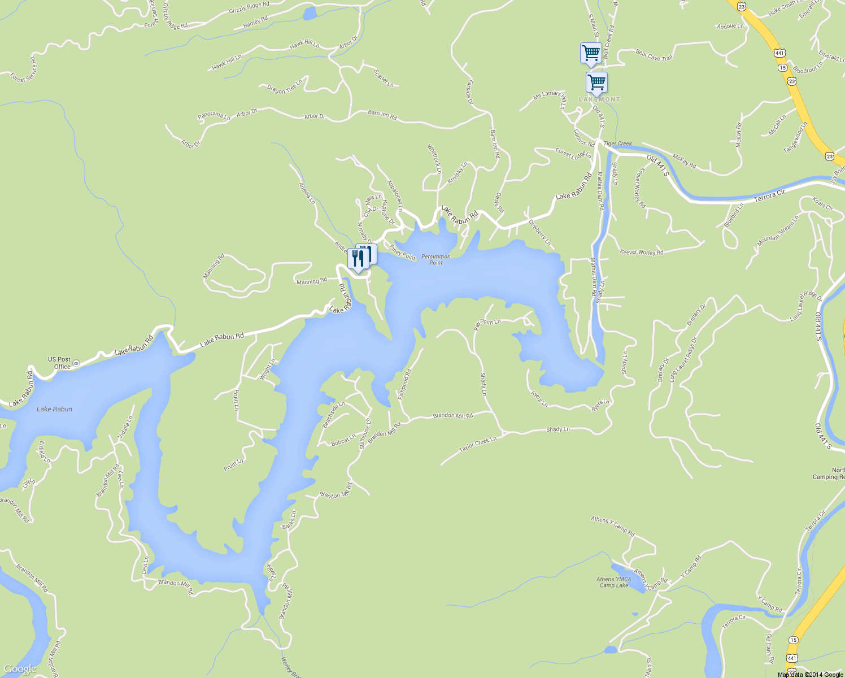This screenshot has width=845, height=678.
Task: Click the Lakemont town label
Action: click(599, 99)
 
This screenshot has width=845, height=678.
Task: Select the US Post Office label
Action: click(60, 363)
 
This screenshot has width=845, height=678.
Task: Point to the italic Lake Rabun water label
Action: click(54, 409)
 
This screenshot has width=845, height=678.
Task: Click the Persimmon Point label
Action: click(436, 259)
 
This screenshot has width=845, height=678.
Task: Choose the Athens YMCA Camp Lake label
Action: click(614, 582)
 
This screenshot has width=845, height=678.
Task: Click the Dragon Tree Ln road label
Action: click(284, 86)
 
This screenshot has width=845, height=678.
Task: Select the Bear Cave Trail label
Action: click(654, 56)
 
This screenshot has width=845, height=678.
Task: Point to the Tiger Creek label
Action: click(617, 144)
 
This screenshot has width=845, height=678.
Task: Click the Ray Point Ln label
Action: click(487, 323)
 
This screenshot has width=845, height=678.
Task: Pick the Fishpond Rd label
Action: click(405, 385)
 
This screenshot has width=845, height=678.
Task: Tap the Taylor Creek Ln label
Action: click(477, 444)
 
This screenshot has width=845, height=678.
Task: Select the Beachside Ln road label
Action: click(333, 415)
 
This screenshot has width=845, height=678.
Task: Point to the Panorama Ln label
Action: click(214, 116)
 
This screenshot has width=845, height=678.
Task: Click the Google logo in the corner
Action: click(20, 670)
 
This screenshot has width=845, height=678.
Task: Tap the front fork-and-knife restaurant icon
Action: click(358, 259)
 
